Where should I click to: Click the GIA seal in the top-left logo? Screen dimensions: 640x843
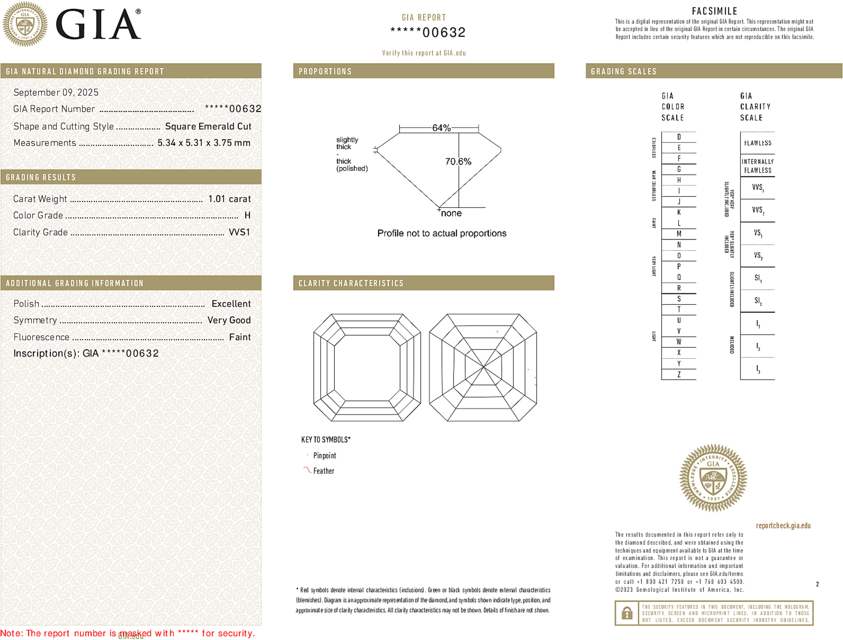25,24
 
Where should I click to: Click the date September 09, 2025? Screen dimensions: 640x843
56,93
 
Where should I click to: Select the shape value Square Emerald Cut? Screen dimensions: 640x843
208,126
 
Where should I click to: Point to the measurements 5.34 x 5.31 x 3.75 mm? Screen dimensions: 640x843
203,143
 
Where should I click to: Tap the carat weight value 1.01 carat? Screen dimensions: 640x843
229,199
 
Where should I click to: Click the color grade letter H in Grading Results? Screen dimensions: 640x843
247,216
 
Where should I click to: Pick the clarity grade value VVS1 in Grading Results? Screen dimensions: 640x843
239,232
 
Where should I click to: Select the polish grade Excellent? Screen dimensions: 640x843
231,304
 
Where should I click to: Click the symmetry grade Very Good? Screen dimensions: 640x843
229,320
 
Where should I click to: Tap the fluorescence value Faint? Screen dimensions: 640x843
239,337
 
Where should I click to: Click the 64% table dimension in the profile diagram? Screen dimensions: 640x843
441,128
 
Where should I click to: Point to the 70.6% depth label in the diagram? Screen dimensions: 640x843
458,162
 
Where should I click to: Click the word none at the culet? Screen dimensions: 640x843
451,213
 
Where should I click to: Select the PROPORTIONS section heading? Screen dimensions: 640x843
325,72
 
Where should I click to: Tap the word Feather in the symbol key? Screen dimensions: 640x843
324,471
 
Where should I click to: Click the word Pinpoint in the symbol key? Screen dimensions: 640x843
325,456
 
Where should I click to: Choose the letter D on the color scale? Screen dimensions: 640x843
679,137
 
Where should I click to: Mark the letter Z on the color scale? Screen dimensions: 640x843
679,374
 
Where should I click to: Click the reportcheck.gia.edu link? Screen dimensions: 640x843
783,526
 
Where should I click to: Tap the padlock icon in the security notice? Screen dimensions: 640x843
627,613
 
